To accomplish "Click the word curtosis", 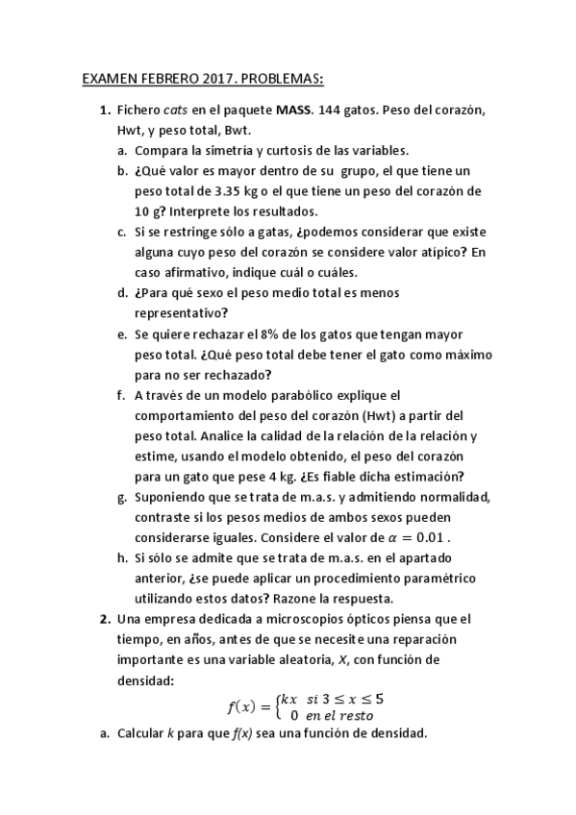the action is point(272,151).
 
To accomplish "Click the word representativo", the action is point(181,312).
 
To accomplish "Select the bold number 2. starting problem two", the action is point(106,618).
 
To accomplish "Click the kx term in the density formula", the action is point(288,699).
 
